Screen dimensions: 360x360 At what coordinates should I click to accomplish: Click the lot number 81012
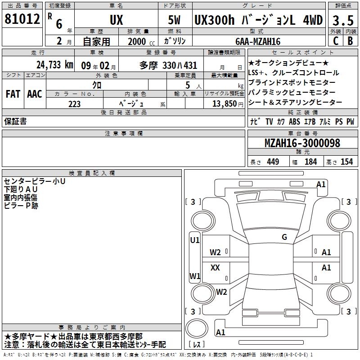click(x=22, y=19)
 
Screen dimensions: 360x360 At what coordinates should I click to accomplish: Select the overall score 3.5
click(x=343, y=20)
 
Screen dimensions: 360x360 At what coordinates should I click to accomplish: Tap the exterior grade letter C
click(x=336, y=41)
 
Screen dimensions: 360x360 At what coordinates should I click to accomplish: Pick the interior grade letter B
click(x=351, y=41)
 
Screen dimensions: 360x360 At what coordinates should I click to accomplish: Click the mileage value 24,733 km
click(x=54, y=65)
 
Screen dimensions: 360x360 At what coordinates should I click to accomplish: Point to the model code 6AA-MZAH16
click(x=258, y=41)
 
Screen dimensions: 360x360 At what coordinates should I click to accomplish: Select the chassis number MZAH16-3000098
click(x=302, y=143)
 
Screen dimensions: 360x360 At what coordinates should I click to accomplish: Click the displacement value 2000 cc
click(x=141, y=41)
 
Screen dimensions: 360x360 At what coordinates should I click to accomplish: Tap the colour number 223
click(x=74, y=104)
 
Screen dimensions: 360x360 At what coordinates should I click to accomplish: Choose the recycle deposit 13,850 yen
click(x=228, y=104)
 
